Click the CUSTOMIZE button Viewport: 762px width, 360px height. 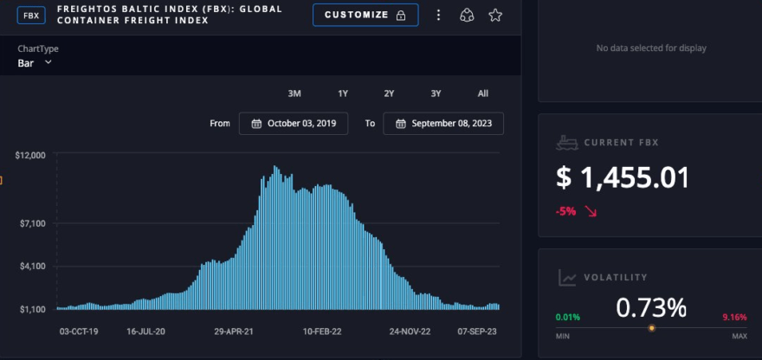point(365,16)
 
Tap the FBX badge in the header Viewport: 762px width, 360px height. point(31,15)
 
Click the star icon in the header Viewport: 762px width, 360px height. point(495,16)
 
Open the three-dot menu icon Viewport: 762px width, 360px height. point(439,16)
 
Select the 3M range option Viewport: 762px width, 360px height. point(294,93)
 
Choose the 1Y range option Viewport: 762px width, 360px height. point(343,93)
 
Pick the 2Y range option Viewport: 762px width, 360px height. point(389,93)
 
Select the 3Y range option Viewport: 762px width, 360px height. point(436,93)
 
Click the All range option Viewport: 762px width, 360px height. point(482,93)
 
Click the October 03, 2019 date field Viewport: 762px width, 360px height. point(294,124)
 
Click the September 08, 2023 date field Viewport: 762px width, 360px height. point(443,124)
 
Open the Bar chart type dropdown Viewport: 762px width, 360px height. point(36,63)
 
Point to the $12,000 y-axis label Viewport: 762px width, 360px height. point(30,155)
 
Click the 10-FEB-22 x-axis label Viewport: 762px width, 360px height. point(322,331)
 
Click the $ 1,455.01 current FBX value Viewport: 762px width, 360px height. point(623,178)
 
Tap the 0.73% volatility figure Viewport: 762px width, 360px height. point(651,307)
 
